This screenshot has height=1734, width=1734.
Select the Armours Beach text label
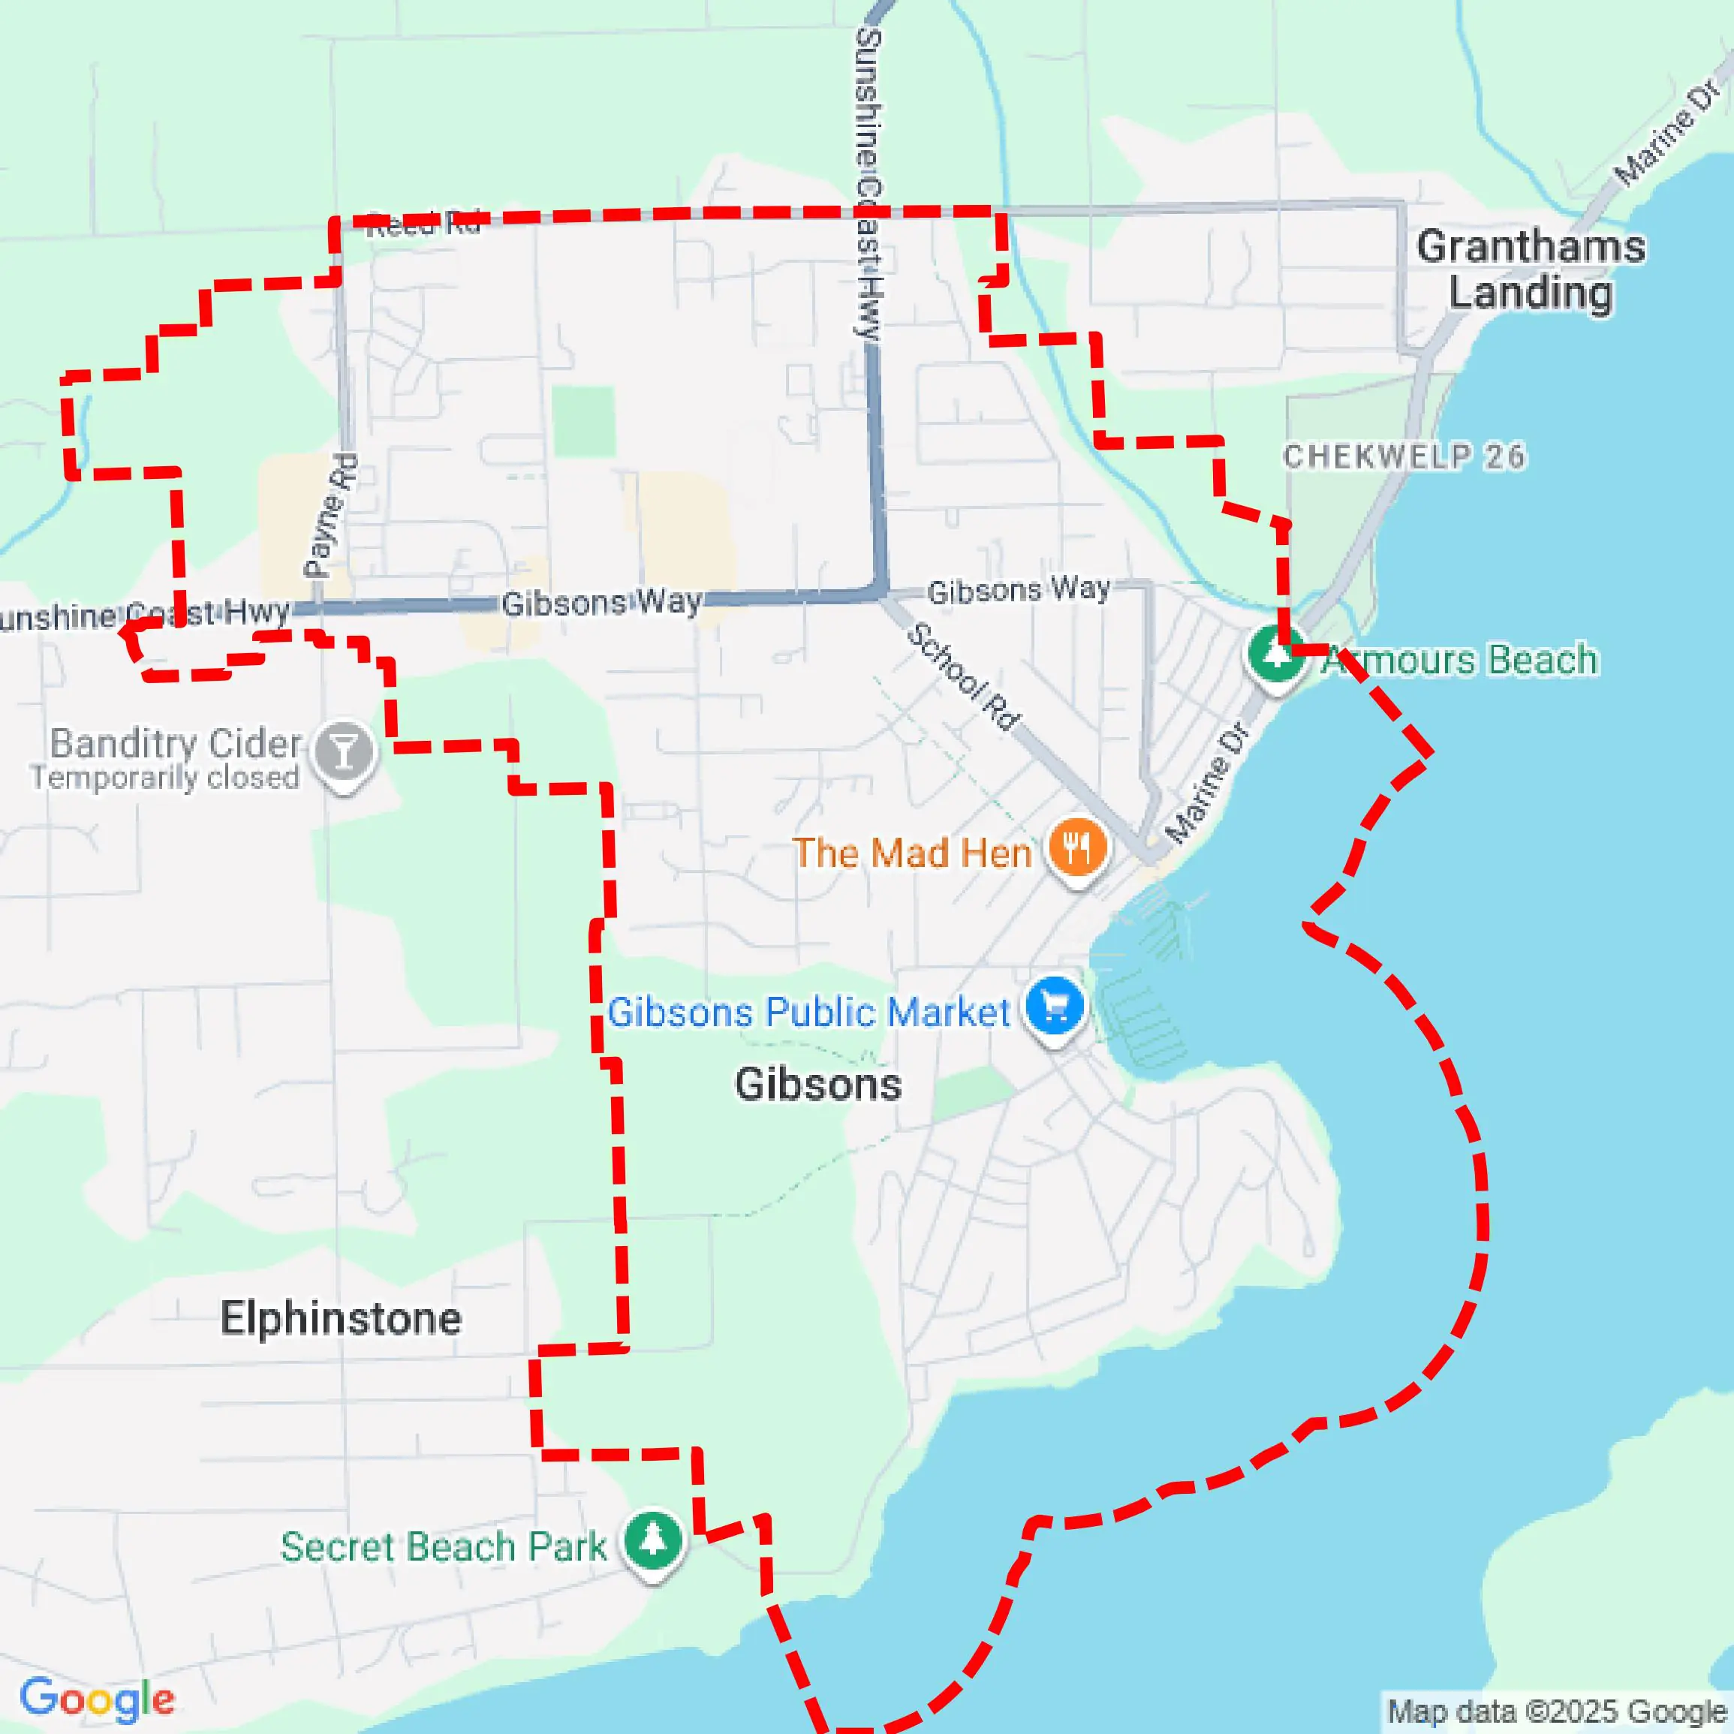coord(1462,661)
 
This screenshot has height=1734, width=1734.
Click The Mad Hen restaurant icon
coord(1077,847)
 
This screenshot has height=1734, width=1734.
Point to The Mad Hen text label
coord(912,853)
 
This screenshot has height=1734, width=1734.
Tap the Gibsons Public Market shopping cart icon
coord(1055,1007)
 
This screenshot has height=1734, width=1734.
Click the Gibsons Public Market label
coord(808,1013)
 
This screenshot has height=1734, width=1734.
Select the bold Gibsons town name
coord(817,1084)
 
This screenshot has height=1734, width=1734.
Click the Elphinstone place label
coord(341,1318)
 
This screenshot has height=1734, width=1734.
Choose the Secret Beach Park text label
coord(444,1546)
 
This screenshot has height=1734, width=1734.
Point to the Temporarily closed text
coord(165,777)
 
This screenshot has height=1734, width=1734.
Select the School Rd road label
coord(963,676)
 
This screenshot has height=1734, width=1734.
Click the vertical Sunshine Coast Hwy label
coord(869,184)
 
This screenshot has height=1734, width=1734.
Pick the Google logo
coord(97,1699)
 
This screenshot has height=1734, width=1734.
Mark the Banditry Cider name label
coord(175,743)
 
